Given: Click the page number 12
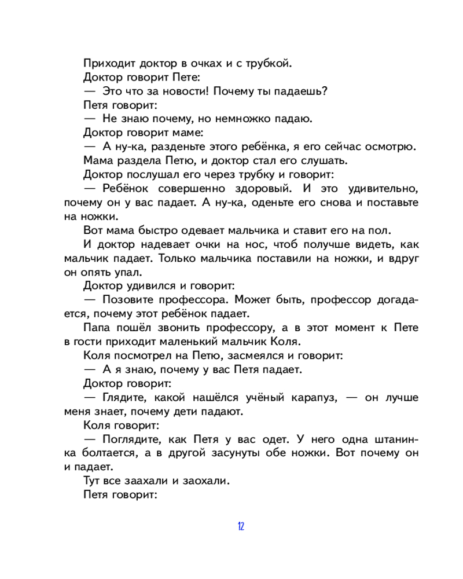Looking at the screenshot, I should [241, 526].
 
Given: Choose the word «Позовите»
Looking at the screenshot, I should [130, 301].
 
